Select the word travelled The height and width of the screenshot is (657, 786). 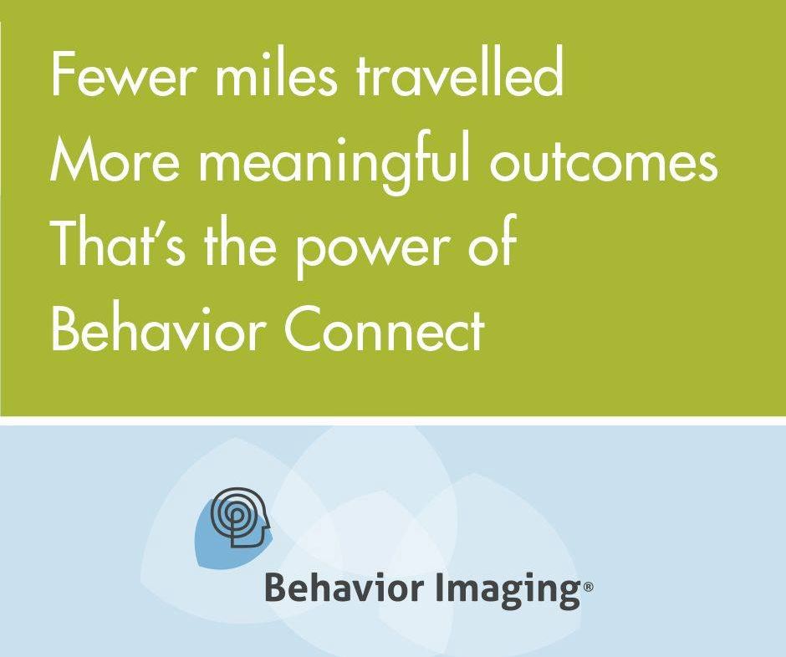460,75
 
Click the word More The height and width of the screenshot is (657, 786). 115,163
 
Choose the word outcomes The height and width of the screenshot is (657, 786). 604,161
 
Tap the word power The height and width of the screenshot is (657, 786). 368,253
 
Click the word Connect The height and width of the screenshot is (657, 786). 385,331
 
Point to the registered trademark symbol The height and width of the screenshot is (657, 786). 588,587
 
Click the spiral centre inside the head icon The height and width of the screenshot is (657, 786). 236,514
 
